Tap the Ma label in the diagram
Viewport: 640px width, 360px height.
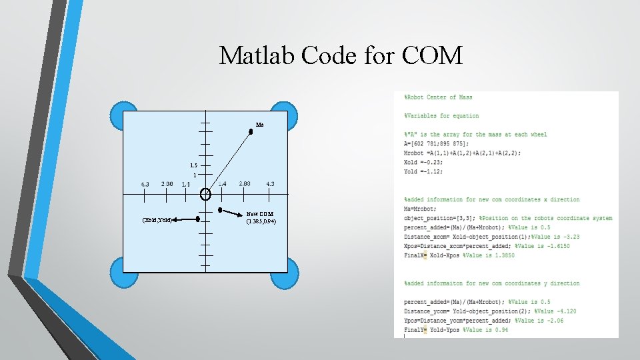click(x=259, y=125)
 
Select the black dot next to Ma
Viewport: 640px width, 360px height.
click(x=251, y=132)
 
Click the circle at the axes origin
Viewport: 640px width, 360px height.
click(x=205, y=195)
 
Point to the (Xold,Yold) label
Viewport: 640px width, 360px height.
click(x=158, y=219)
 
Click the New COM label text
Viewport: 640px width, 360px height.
click(x=260, y=214)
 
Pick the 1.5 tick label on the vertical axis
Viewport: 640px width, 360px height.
click(x=193, y=165)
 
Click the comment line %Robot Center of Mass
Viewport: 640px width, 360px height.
click(x=438, y=97)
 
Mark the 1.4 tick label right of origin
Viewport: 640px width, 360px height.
click(x=223, y=184)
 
